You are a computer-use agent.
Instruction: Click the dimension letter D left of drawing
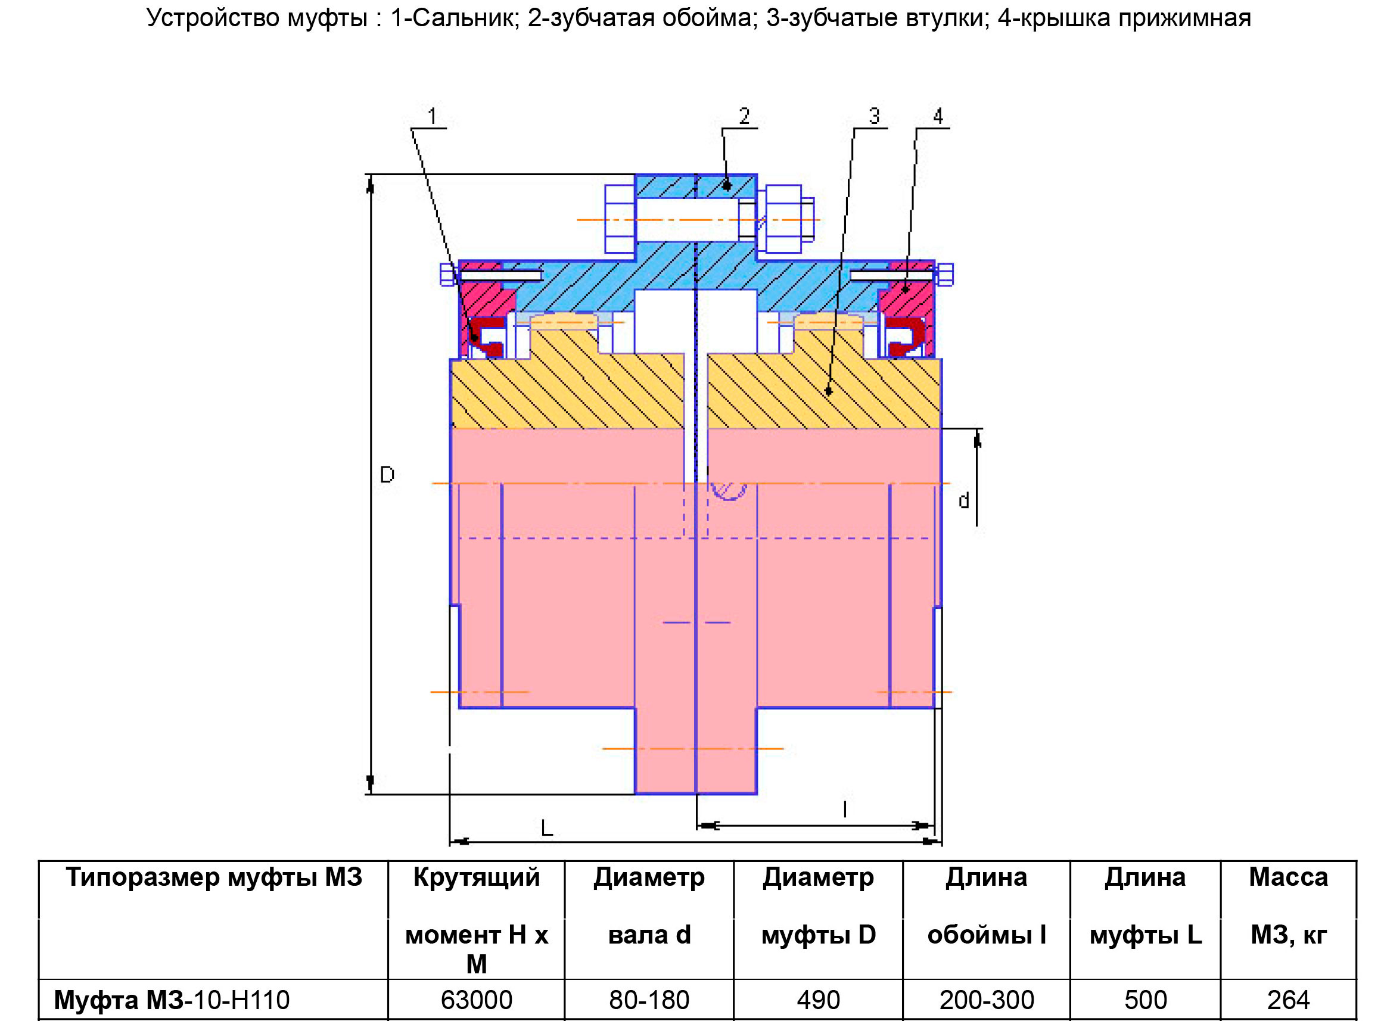(x=387, y=475)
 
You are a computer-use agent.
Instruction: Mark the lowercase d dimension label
(x=963, y=500)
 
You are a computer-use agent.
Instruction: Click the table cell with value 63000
(x=476, y=1000)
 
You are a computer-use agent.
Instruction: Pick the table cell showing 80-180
(x=649, y=1000)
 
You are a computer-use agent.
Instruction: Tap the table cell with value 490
(x=818, y=1000)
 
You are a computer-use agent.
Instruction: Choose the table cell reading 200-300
(x=987, y=1000)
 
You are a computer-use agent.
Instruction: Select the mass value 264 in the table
(x=1288, y=1000)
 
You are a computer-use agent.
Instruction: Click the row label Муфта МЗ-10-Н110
(x=172, y=1000)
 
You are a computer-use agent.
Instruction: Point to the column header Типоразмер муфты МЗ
(x=214, y=877)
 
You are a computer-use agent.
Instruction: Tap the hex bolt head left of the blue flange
(x=620, y=219)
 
